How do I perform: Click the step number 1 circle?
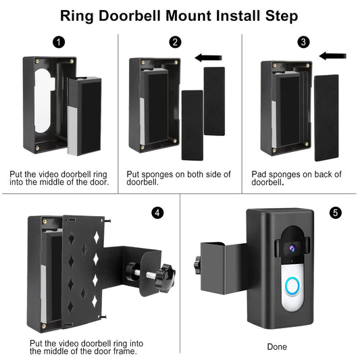[x=59, y=43]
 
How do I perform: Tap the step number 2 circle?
[x=175, y=43]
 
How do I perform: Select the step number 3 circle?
[x=303, y=42]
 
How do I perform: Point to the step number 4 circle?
[x=157, y=213]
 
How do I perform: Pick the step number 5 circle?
[x=336, y=213]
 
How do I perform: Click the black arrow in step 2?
[x=208, y=57]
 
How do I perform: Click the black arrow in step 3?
[x=333, y=56]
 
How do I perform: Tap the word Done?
[x=277, y=346]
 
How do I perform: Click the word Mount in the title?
[x=188, y=16]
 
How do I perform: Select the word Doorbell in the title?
[x=130, y=16]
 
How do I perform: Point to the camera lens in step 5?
[x=292, y=248]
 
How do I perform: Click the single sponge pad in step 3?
[x=326, y=118]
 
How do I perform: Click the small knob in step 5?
[x=197, y=265]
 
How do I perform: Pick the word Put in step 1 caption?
[x=16, y=174]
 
